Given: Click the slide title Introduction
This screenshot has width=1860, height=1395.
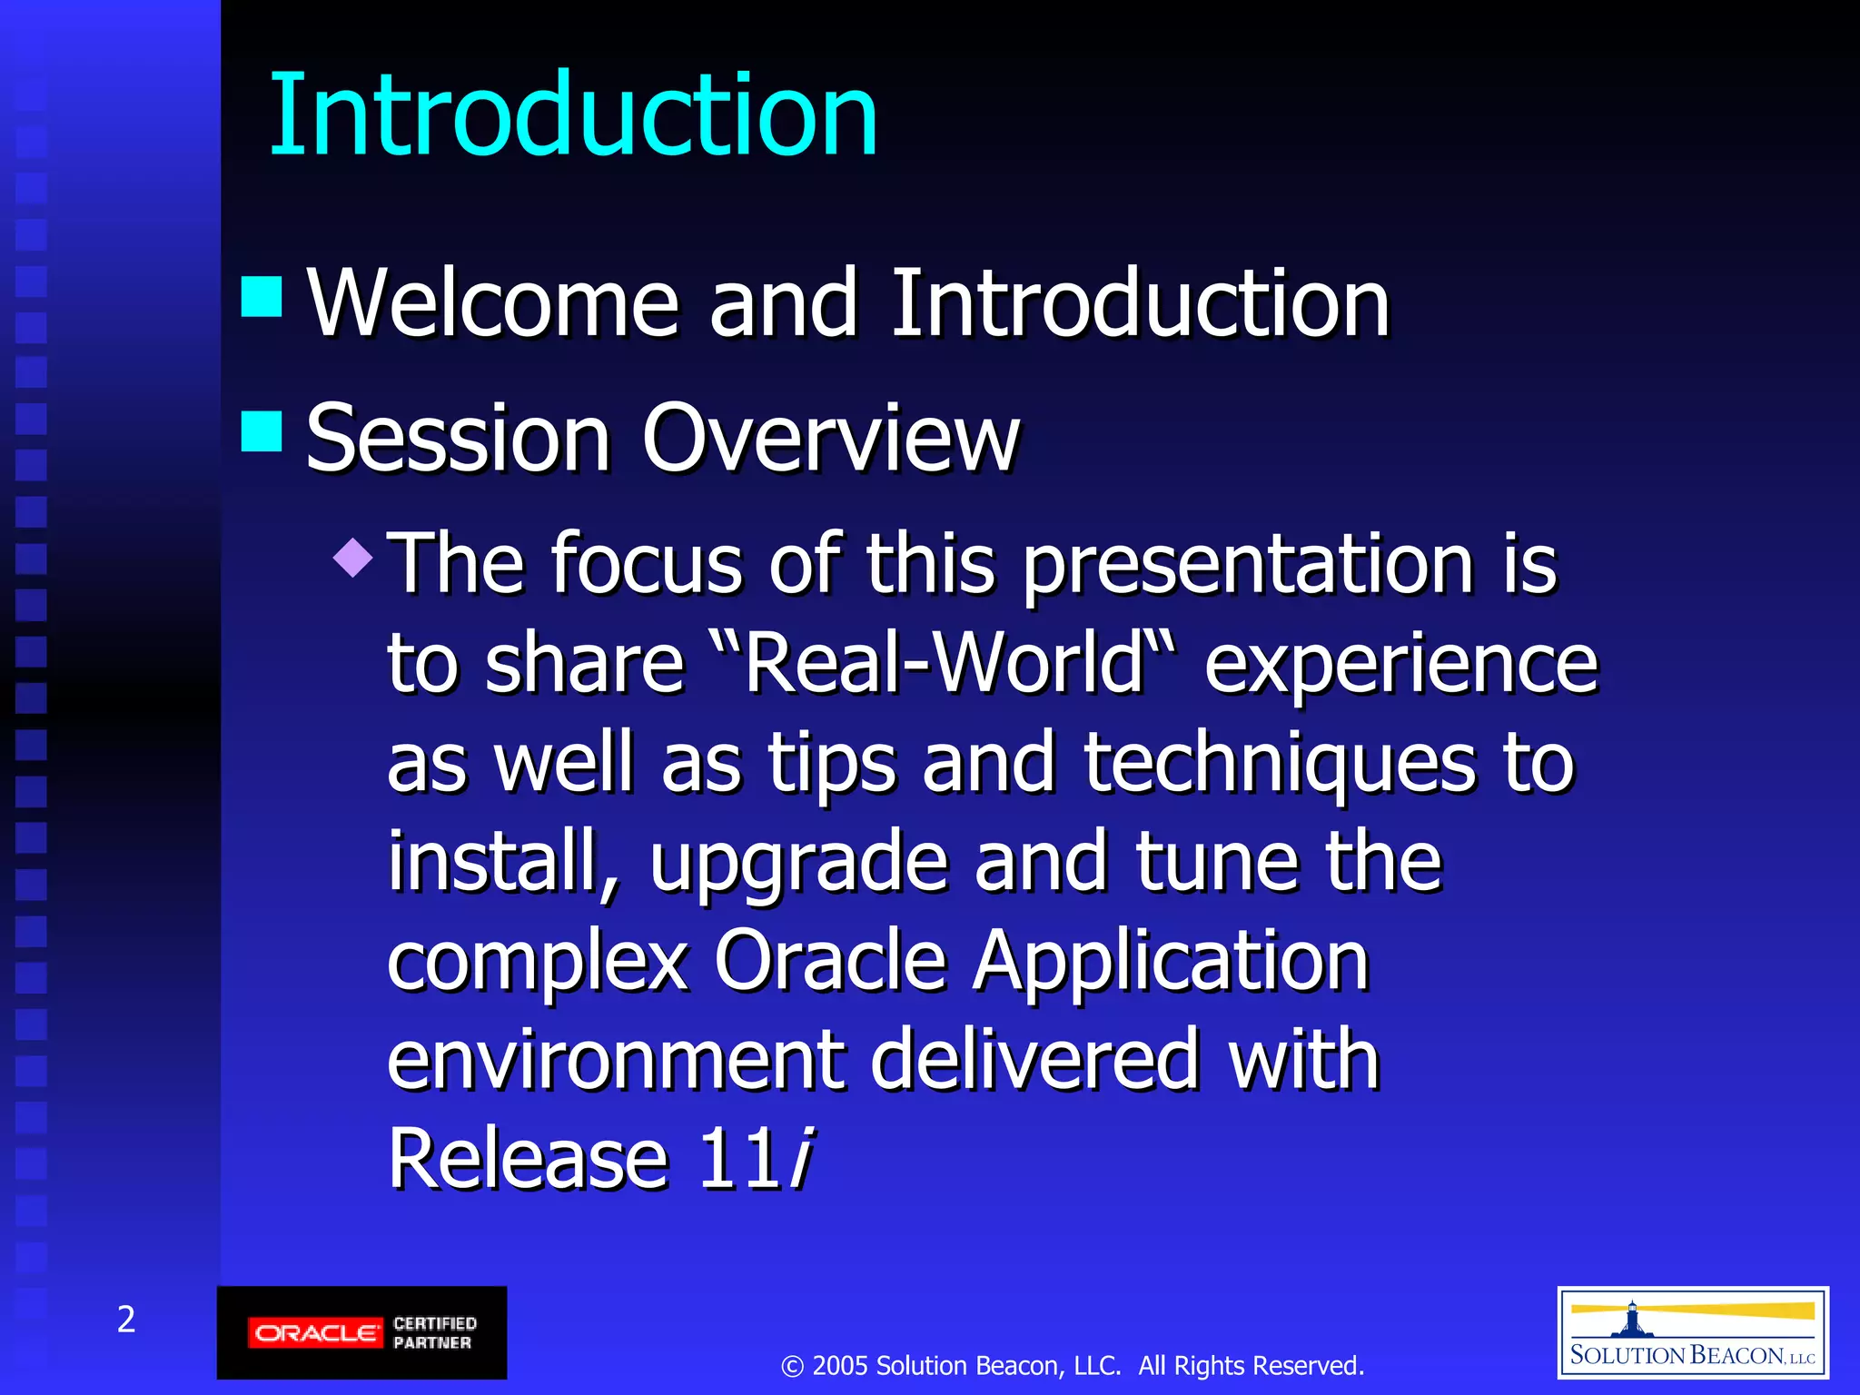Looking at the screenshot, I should click(x=573, y=115).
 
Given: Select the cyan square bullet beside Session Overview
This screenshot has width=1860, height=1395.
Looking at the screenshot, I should click(x=262, y=430).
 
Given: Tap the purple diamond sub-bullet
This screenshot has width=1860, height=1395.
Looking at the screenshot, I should click(x=353, y=557).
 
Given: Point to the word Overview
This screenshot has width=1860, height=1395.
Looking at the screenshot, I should click(x=830, y=438).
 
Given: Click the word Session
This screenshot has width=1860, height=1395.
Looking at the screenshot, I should click(x=458, y=438).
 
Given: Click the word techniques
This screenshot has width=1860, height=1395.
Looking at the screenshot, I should click(x=1279, y=763).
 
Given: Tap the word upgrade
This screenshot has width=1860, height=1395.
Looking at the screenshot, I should click(x=798, y=863).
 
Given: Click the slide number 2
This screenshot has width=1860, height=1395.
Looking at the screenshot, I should click(x=126, y=1319).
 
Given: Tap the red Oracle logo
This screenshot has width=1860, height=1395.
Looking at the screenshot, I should click(x=314, y=1333).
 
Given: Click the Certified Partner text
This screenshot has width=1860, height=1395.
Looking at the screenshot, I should click(x=434, y=1332).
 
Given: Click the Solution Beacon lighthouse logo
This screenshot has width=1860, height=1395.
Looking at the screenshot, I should click(x=1692, y=1332).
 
